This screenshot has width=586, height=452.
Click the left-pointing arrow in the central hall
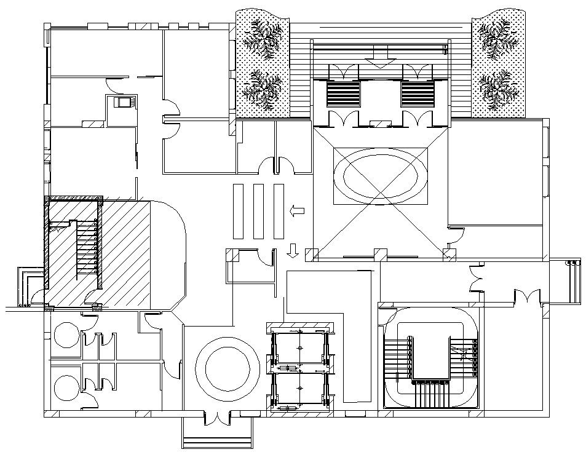point(298,211)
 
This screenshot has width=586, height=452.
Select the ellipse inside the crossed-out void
point(380,176)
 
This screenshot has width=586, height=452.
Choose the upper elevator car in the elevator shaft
point(299,349)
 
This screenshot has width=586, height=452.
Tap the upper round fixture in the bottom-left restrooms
point(64,336)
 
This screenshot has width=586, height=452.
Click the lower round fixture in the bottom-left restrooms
point(64,388)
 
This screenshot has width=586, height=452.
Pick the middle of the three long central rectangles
point(259,211)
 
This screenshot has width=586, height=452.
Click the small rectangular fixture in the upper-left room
point(121,103)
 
